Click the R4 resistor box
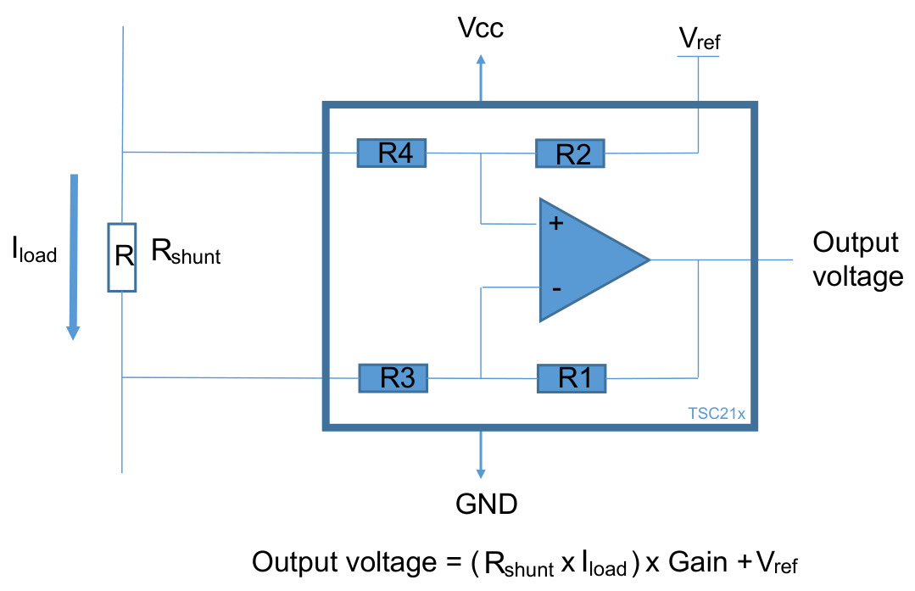(392, 153)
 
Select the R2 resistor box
(570, 153)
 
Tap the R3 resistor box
(393, 378)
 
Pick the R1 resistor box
(572, 378)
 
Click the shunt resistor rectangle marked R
(122, 257)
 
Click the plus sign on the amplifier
(556, 223)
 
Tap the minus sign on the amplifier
(556, 289)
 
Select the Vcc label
(481, 28)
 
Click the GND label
(487, 504)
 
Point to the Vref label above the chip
(700, 39)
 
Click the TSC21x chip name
(717, 414)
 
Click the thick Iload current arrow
(74, 257)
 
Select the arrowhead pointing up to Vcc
(481, 59)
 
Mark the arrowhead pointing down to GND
(481, 473)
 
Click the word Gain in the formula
(698, 562)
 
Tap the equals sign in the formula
(454, 563)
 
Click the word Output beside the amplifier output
(856, 243)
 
